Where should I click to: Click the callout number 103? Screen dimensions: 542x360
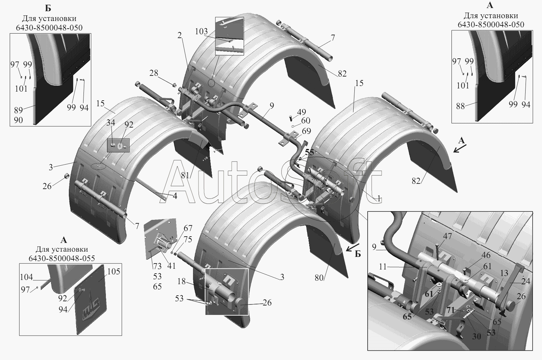pyautogui.click(x=201, y=31)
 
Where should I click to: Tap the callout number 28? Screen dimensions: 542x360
pyautogui.click(x=154, y=73)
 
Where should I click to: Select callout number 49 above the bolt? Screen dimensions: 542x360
pyautogui.click(x=301, y=112)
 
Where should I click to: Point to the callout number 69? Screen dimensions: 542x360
pyautogui.click(x=306, y=131)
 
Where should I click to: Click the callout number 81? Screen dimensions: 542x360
pyautogui.click(x=185, y=175)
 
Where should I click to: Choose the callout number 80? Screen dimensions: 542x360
pyautogui.click(x=319, y=278)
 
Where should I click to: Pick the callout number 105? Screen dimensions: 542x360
pyautogui.click(x=114, y=272)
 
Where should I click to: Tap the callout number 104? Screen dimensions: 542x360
pyautogui.click(x=26, y=277)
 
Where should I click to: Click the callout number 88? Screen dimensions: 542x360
pyautogui.click(x=461, y=106)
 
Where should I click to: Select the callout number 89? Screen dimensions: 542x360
pyautogui.click(x=19, y=110)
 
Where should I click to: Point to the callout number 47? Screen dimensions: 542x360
pyautogui.click(x=447, y=236)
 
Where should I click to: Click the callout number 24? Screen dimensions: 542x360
pyautogui.click(x=526, y=281)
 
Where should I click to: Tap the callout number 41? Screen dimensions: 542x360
pyautogui.click(x=171, y=266)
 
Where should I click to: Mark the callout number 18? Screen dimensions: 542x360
pyautogui.click(x=181, y=281)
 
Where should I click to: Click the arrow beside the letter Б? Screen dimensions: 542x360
pyautogui.click(x=353, y=247)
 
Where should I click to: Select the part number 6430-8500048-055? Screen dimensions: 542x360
pyautogui.click(x=62, y=258)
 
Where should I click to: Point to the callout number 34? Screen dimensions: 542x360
pyautogui.click(x=110, y=123)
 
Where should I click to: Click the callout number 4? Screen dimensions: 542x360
pyautogui.click(x=175, y=196)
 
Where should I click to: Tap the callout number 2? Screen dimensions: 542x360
pyautogui.click(x=179, y=36)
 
